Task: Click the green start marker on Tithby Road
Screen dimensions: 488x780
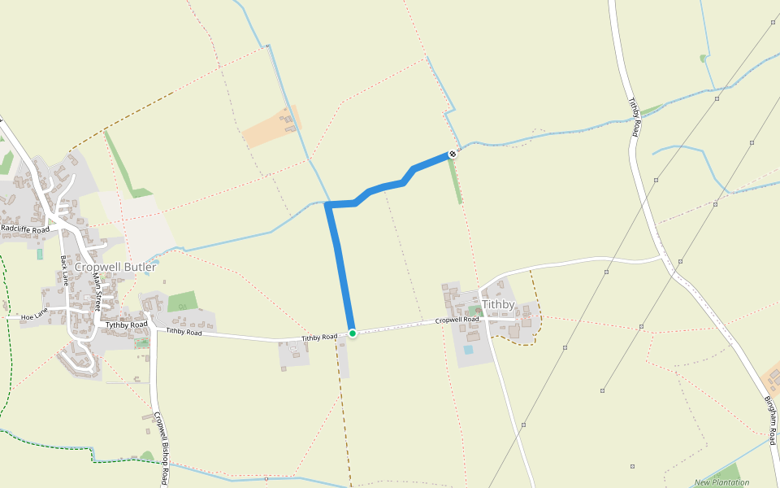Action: click(x=353, y=333)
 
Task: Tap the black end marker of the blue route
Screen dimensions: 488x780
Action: click(x=453, y=154)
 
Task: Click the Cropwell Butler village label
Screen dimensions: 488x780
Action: click(x=115, y=267)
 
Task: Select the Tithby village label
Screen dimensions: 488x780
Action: click(x=498, y=304)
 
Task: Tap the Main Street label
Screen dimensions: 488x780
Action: click(x=98, y=290)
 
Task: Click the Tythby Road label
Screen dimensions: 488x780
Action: click(x=126, y=325)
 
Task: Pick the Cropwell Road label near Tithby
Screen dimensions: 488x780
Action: click(x=456, y=320)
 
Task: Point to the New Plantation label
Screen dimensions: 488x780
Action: click(x=721, y=482)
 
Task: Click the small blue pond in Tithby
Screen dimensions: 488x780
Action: click(x=468, y=350)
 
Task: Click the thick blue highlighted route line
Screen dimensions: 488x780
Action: click(x=341, y=268)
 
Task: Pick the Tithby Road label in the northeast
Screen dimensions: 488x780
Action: click(x=635, y=118)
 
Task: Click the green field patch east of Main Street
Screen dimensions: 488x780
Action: click(x=182, y=301)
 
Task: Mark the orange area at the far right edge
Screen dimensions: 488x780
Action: click(x=773, y=378)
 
